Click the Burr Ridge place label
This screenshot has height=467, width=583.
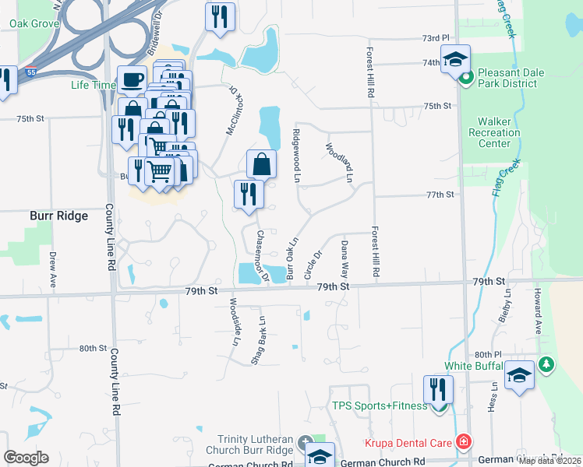click(58, 216)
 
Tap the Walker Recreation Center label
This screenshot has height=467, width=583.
click(499, 132)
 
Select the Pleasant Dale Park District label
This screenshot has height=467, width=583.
click(523, 78)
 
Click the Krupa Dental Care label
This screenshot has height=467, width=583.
click(408, 444)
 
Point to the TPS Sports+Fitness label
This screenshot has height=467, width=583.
click(380, 406)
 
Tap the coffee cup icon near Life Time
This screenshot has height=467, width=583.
click(132, 79)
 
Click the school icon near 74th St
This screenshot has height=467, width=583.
click(455, 58)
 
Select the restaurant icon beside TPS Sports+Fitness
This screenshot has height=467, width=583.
click(439, 389)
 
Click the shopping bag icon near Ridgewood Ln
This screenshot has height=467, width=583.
click(262, 163)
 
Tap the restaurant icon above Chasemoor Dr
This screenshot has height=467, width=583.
click(249, 195)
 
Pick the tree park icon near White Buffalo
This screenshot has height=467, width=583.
click(546, 364)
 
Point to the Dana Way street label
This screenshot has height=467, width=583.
click(344, 260)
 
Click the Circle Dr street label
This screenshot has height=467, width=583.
click(313, 265)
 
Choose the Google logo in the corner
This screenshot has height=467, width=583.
click(26, 458)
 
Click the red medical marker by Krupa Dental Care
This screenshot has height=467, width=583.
click(464, 443)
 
